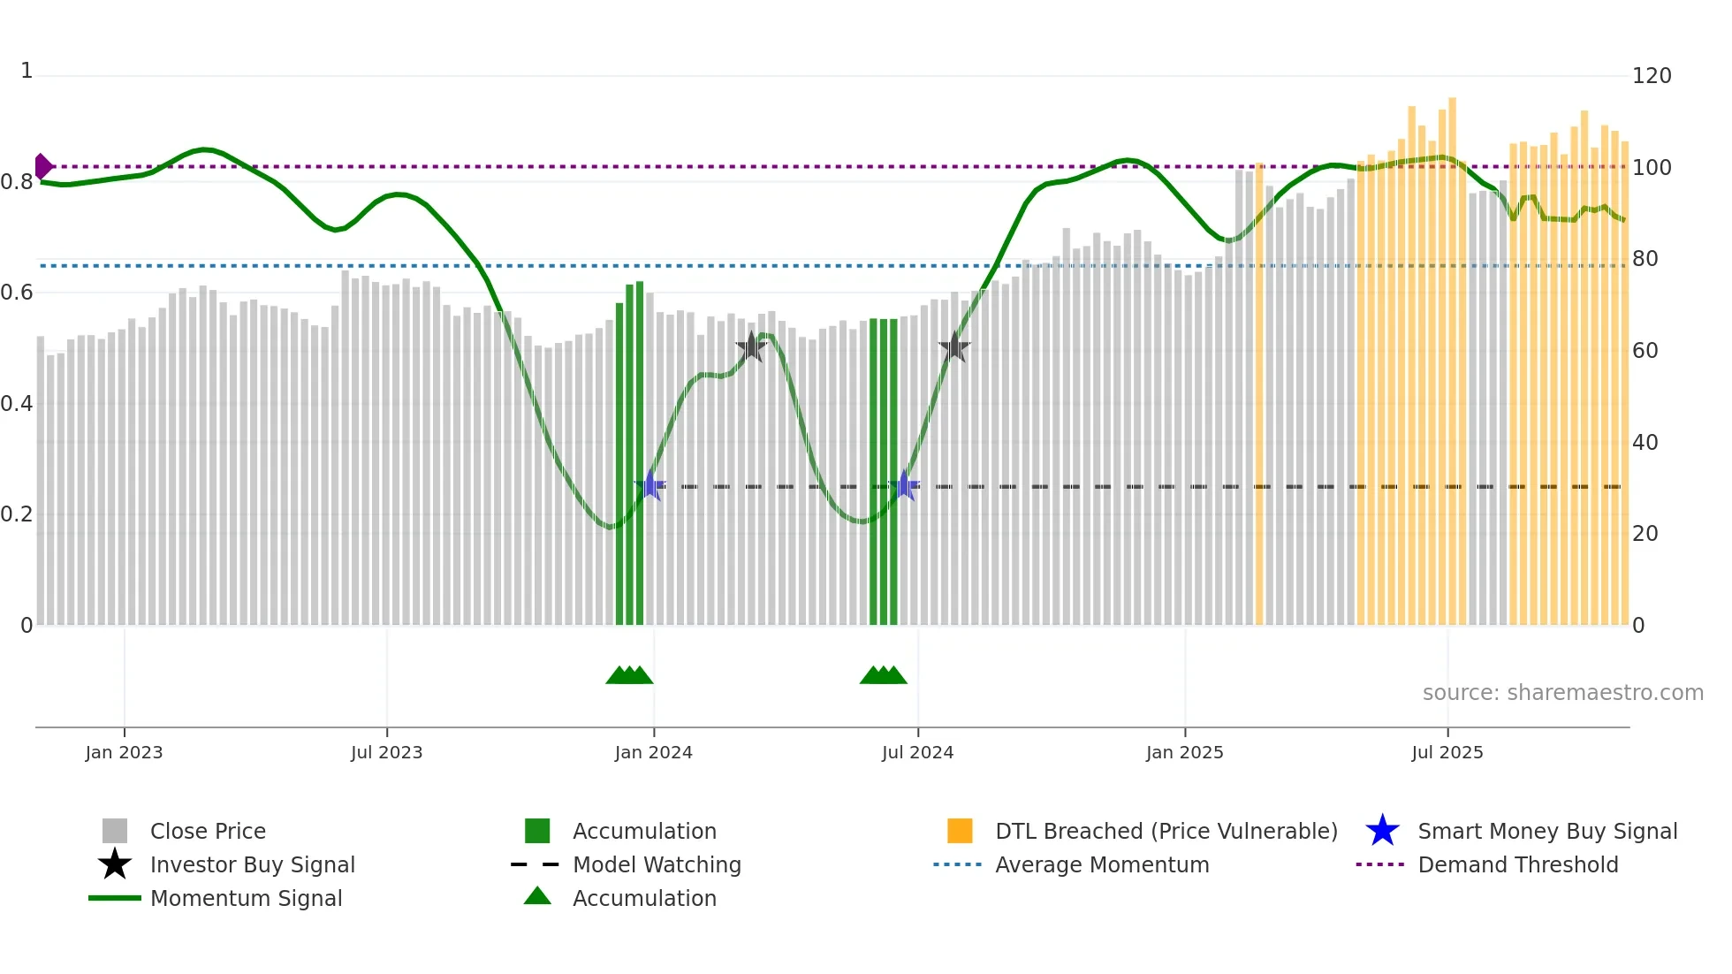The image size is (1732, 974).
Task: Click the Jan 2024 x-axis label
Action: coord(653,752)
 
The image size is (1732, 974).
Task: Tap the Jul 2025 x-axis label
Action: coord(1447,752)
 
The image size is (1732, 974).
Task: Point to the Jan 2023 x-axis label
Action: coord(124,752)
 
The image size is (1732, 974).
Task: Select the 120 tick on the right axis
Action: coord(1651,76)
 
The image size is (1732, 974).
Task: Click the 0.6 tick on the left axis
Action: coord(17,293)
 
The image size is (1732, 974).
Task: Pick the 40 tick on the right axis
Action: coord(1645,443)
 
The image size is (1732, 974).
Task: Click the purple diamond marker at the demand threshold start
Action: coord(42,166)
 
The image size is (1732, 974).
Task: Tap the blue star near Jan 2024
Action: coord(650,485)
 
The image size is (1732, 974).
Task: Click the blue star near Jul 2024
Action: coord(903,485)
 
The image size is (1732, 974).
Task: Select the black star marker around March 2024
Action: coord(750,347)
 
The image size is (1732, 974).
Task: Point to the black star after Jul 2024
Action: coord(953,347)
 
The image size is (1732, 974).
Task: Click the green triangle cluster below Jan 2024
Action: coord(629,675)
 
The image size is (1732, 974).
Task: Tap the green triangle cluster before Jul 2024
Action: coord(883,675)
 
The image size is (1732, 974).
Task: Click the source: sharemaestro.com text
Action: coord(1562,693)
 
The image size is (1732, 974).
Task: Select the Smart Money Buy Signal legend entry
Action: coord(1546,831)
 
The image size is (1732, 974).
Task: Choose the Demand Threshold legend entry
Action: coord(1517,864)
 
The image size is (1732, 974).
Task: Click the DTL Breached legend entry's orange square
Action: coord(959,831)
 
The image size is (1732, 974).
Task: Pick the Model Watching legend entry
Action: coord(656,864)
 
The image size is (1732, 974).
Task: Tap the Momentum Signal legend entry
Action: coord(245,898)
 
